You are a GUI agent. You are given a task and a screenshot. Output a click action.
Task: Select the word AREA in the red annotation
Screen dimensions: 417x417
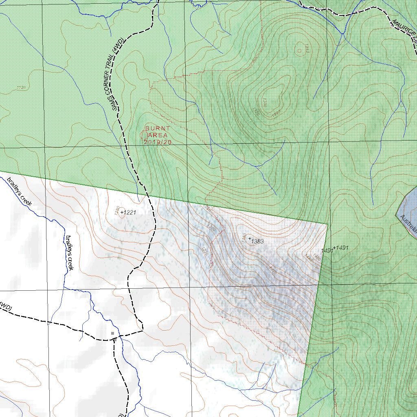157,135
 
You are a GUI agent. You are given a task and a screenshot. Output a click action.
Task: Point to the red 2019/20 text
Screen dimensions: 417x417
158,142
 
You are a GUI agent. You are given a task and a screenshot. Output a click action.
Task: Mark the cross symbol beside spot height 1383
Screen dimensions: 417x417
250,239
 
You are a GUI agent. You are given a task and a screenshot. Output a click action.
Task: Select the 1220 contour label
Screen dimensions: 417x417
205,251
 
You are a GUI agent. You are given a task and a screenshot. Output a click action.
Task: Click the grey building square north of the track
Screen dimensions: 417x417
112,333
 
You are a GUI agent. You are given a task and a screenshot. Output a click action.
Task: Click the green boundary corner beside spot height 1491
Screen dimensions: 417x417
328,224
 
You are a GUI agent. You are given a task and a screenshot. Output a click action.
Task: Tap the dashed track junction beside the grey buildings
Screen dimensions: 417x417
114,338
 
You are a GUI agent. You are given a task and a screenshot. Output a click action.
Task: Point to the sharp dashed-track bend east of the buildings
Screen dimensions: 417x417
143,330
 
